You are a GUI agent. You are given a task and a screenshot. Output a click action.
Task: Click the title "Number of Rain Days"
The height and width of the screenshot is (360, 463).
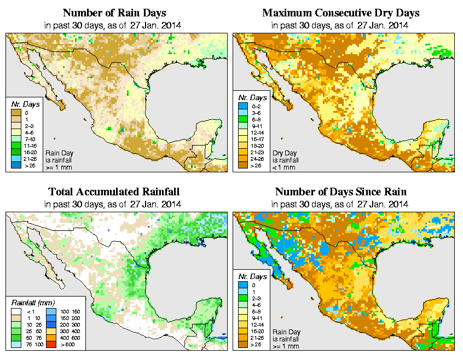pyautogui.click(x=114, y=13)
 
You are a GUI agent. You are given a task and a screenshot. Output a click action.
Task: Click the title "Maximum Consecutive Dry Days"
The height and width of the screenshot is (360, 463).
pyautogui.click(x=341, y=13)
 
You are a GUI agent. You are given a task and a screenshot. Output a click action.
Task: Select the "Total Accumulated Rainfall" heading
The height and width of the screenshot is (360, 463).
pyautogui.click(x=114, y=192)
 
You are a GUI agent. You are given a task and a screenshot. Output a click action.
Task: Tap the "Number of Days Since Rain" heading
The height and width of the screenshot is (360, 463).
pyautogui.click(x=341, y=192)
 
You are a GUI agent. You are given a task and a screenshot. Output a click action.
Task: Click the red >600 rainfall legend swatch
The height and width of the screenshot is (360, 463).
pyautogui.click(x=49, y=345)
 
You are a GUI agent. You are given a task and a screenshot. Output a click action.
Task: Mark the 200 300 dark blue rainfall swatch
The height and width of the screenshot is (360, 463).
pyautogui.click(x=49, y=325)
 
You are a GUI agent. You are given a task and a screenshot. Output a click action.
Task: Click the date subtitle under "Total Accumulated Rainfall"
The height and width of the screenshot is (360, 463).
pyautogui.click(x=114, y=204)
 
